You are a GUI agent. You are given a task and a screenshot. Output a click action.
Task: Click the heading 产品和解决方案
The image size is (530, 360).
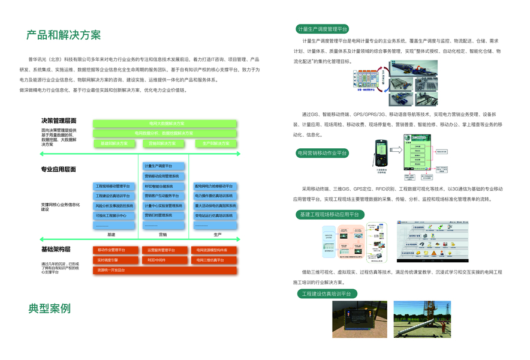[63, 34]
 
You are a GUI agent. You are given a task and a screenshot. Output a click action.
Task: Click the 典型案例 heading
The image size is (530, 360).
[49, 308]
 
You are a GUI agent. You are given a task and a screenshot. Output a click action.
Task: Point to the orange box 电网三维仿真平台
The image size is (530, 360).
[215, 260]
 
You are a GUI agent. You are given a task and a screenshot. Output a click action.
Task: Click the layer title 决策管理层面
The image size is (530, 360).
[58, 121]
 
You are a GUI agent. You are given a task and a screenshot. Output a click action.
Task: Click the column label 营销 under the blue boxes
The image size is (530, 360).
[162, 235]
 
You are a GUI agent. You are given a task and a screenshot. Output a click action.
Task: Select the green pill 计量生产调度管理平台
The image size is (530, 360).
[323, 29]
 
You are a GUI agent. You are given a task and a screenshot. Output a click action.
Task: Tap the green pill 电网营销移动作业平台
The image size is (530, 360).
[322, 153]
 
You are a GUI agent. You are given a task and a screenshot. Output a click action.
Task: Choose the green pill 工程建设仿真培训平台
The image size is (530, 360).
[327, 293]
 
